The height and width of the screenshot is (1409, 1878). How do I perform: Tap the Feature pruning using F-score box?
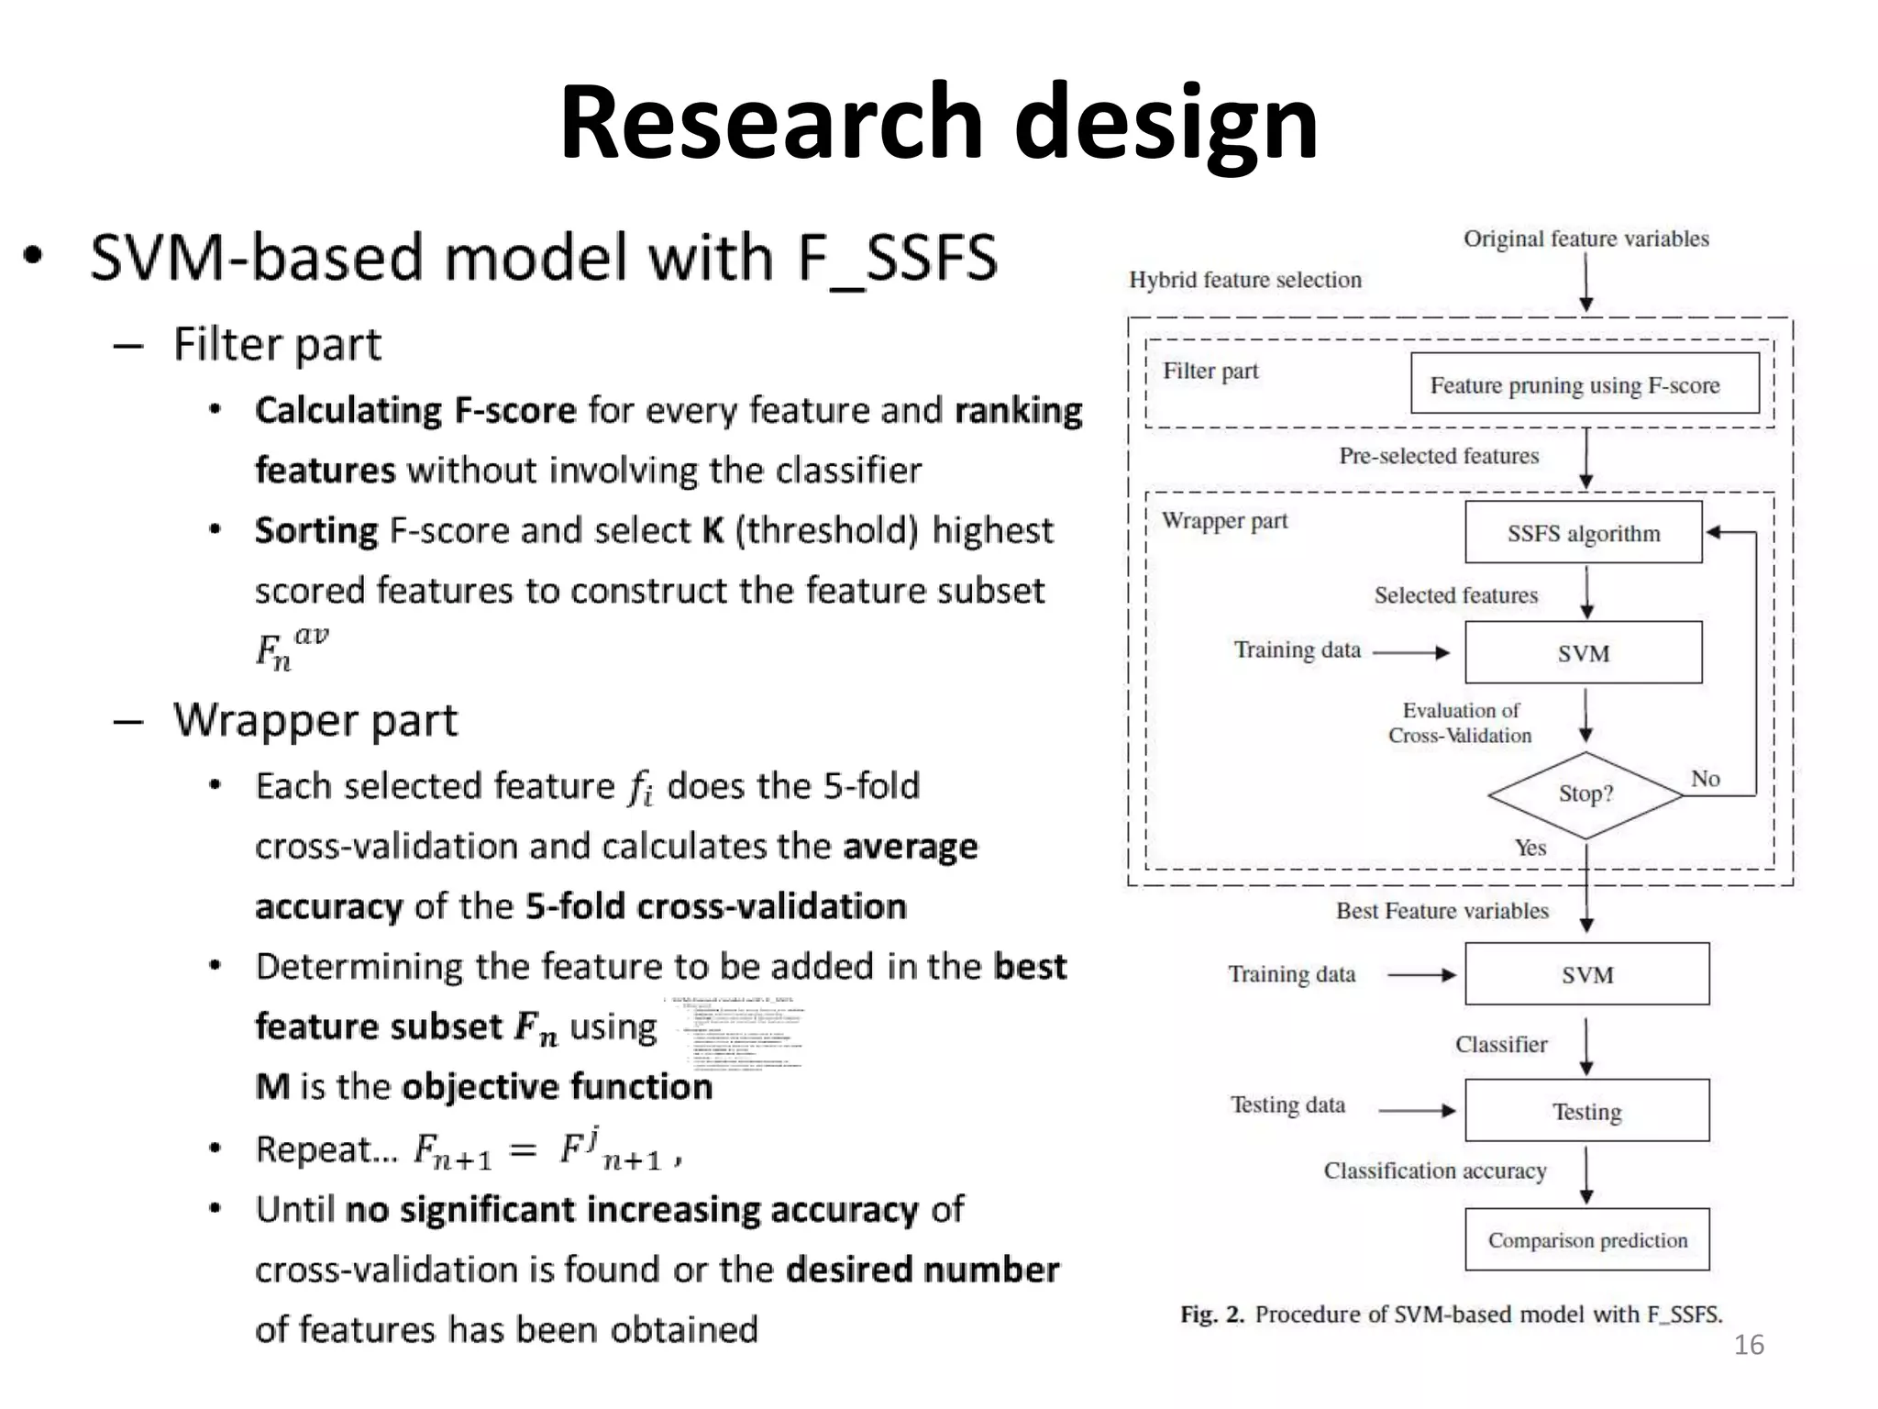[1584, 384]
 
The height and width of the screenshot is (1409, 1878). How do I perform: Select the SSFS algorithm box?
[1583, 533]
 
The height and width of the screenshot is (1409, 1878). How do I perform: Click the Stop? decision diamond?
[1585, 794]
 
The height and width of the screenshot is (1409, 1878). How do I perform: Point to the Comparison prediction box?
[1586, 1240]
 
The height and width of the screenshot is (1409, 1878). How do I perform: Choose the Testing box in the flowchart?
[1586, 1112]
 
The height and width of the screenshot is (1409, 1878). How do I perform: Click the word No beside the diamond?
[1705, 779]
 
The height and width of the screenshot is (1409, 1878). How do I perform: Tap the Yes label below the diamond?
[1530, 848]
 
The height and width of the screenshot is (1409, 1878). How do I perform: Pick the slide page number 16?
[1749, 1345]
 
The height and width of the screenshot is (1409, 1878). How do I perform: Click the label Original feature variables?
[1585, 239]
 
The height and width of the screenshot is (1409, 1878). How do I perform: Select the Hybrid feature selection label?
[1244, 280]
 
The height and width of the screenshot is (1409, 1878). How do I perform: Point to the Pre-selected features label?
[1438, 456]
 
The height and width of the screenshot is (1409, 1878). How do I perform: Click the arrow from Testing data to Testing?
[1417, 1111]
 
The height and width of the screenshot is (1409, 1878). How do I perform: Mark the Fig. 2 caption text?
[1451, 1315]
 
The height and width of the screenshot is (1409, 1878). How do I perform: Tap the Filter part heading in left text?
[277, 345]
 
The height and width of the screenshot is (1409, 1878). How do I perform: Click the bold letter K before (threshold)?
[713, 531]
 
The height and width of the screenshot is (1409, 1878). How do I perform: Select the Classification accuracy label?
[1434, 1170]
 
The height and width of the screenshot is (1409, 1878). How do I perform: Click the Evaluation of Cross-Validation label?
[1460, 723]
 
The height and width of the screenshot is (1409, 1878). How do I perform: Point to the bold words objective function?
[557, 1087]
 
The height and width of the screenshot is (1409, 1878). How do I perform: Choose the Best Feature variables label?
[1442, 911]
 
